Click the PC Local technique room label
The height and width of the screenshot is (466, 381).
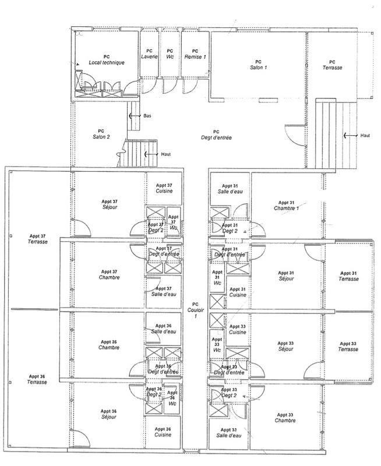click(106, 60)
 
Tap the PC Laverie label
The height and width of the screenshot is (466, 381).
click(150, 54)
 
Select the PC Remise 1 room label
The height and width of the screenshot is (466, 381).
click(195, 54)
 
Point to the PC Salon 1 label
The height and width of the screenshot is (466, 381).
click(258, 65)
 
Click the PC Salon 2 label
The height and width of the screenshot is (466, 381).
click(101, 133)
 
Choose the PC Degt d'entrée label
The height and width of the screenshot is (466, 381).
click(216, 135)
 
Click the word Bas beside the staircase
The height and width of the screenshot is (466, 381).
click(147, 115)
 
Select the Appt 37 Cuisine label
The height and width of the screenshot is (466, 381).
click(163, 188)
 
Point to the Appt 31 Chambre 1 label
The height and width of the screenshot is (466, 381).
click(287, 205)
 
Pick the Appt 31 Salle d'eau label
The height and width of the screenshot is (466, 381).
click(225, 188)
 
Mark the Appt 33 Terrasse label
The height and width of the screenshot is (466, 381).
click(349, 346)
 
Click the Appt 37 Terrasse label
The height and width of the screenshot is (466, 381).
click(37, 239)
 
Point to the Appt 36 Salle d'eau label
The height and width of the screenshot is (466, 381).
click(163, 329)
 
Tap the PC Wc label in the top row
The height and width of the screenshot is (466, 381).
click(170, 54)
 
